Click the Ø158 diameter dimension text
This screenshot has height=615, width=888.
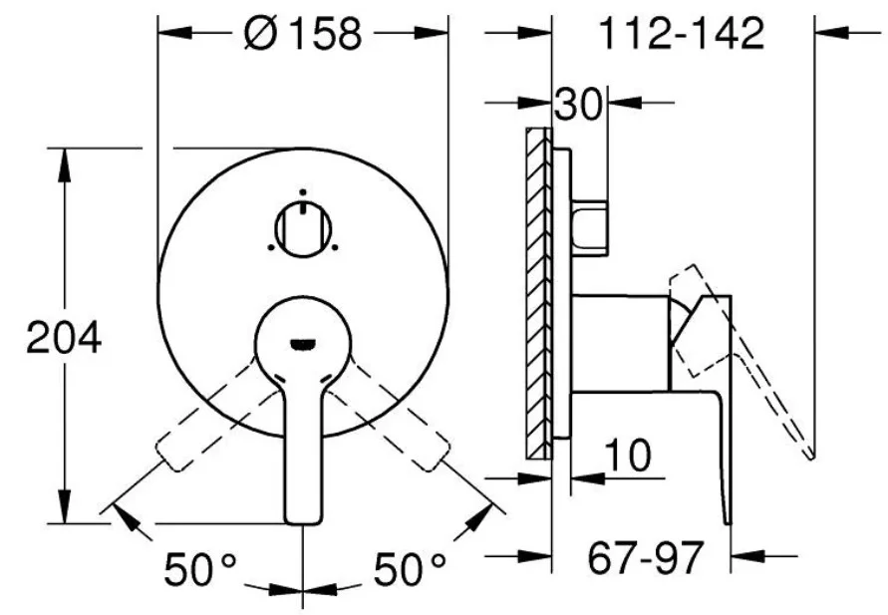pyautogui.click(x=303, y=33)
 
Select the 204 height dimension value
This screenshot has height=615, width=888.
pyautogui.click(x=64, y=338)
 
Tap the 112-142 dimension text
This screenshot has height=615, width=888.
pyautogui.click(x=682, y=33)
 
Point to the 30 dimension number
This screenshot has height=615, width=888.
pyautogui.click(x=578, y=104)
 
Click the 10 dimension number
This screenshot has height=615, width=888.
pyautogui.click(x=628, y=455)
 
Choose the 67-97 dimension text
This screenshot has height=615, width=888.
pyautogui.click(x=646, y=557)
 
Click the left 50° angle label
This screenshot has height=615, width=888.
pyautogui.click(x=200, y=569)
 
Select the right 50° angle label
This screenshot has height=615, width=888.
pyautogui.click(x=409, y=569)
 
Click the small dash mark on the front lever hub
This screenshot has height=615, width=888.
pyautogui.click(x=303, y=343)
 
